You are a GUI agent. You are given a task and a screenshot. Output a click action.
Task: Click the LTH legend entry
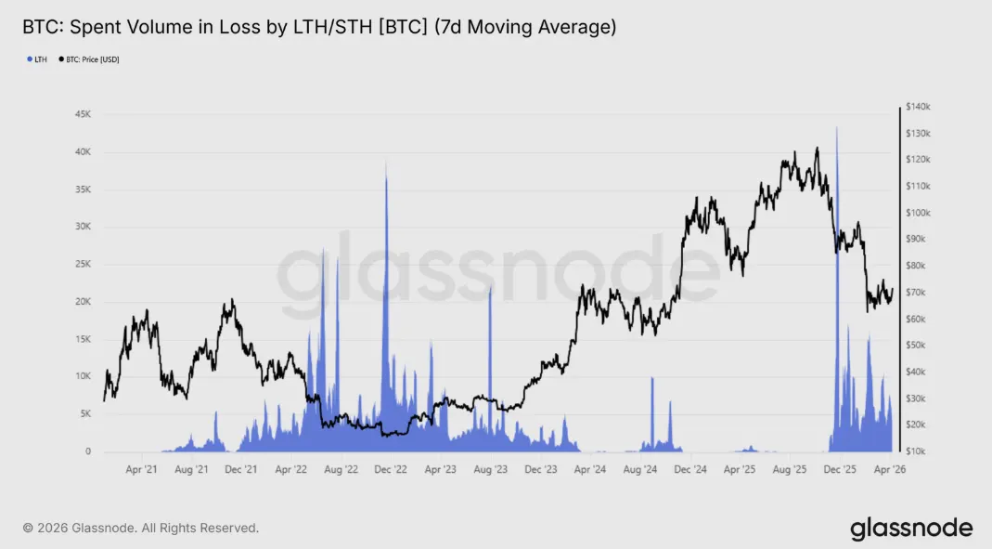[39, 59]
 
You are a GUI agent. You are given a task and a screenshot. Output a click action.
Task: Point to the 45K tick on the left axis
[83, 114]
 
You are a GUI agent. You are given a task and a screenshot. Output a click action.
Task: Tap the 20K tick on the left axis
[83, 302]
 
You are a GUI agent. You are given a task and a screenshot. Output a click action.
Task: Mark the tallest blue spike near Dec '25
[836, 128]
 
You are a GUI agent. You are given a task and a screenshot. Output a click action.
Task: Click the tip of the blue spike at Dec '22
[385, 162]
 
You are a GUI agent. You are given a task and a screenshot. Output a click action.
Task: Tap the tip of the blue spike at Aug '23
[490, 288]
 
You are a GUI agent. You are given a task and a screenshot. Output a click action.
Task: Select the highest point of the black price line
[817, 148]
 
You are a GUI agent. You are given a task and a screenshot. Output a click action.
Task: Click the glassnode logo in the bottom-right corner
[911, 529]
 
